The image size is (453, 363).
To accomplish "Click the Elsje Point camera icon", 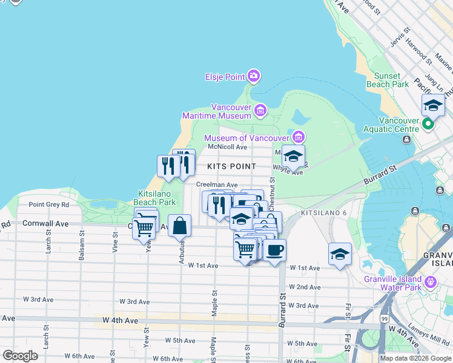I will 254,76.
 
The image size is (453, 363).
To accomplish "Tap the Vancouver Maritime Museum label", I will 217,111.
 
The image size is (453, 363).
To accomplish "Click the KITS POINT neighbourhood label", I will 231,166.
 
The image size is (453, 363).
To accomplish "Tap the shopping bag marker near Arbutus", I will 180,227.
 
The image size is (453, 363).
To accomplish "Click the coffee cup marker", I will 274,250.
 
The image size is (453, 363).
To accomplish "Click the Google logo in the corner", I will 20,356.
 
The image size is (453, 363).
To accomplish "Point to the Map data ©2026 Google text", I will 415,358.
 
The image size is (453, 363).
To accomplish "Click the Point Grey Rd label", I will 49,204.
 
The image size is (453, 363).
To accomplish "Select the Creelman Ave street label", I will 216,185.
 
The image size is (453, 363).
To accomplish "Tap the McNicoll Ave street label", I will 227,147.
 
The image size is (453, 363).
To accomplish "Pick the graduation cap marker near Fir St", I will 340,253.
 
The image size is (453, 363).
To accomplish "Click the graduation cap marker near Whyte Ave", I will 293,156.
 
